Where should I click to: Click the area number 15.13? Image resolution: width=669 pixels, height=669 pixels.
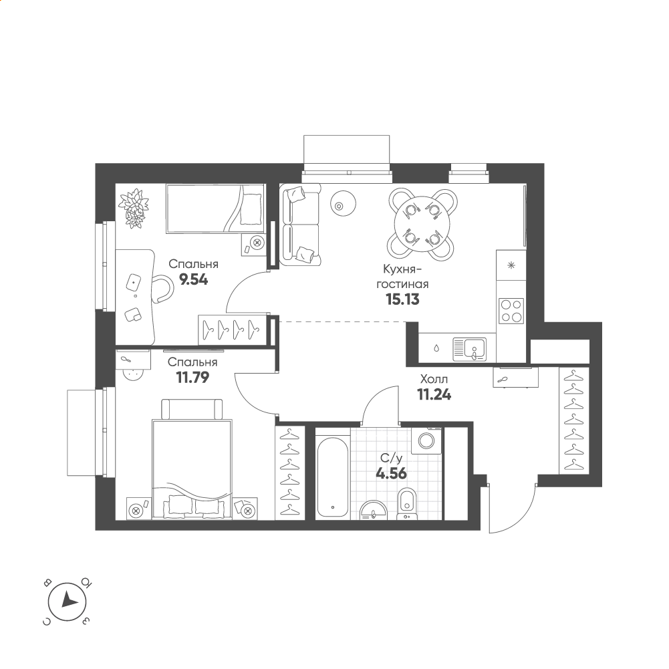402,299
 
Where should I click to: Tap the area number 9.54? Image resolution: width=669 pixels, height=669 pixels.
194,280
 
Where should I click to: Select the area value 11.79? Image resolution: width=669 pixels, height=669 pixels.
192,378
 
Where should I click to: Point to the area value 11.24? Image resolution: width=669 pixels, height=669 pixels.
434,395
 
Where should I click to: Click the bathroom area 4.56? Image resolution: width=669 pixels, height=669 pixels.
391,474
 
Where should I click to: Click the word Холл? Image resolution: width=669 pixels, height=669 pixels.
434,379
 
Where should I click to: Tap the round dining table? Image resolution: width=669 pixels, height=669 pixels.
422,225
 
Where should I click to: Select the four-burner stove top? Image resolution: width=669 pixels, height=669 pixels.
511,311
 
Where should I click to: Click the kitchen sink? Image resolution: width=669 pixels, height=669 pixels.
469,349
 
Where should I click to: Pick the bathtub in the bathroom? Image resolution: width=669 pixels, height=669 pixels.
333,477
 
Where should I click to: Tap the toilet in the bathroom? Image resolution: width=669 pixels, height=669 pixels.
407,505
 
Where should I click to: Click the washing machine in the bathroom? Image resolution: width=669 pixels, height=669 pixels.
426,440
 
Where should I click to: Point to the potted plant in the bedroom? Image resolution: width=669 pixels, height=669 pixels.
134,208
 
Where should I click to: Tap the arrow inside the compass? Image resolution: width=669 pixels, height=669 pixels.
69,601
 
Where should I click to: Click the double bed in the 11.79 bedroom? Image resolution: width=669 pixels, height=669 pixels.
192,469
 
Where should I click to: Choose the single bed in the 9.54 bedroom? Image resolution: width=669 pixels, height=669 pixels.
215,209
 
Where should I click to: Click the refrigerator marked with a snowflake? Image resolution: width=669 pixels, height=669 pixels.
511,266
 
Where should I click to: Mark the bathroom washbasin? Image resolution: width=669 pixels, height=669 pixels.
374,511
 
